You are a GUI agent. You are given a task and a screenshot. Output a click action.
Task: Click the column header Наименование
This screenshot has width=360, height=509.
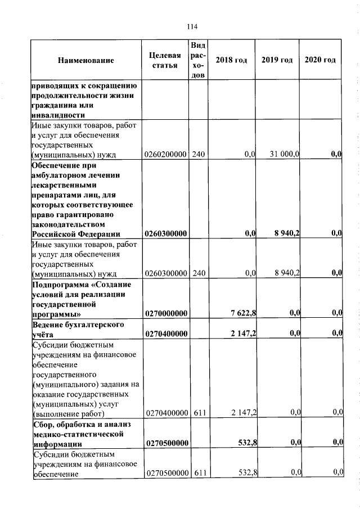(85, 61)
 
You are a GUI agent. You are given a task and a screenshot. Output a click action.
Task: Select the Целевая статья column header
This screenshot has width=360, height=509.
(165, 60)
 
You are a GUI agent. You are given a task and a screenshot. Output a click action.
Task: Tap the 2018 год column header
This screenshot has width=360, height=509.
(232, 60)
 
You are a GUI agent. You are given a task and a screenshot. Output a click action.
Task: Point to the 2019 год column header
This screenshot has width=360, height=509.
(277, 60)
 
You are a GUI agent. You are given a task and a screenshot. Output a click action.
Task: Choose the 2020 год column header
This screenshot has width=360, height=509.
(321, 60)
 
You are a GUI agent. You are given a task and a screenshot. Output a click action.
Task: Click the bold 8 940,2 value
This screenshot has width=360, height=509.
(286, 233)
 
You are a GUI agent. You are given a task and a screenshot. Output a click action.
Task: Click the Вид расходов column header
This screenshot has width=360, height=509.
(199, 60)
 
